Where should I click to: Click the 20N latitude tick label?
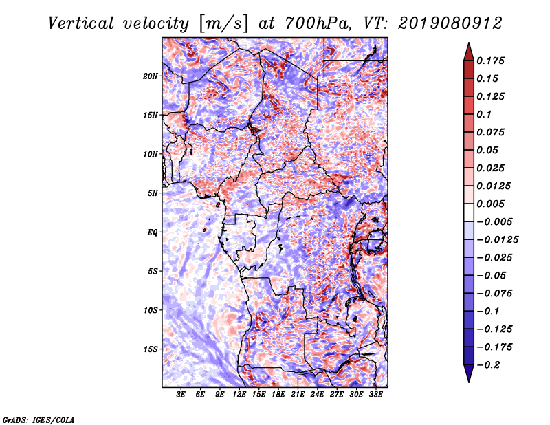tap(151, 76)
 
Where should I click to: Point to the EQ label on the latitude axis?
tap(152, 232)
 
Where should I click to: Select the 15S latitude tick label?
tap(151, 349)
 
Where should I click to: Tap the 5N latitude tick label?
tap(153, 193)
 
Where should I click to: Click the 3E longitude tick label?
tap(181, 395)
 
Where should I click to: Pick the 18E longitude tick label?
tap(278, 395)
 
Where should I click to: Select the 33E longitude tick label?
tap(375, 395)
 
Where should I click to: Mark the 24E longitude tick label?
tap(317, 395)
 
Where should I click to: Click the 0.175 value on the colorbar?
tap(490, 61)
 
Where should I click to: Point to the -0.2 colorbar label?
tap(489, 365)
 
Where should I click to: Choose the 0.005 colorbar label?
tap(490, 204)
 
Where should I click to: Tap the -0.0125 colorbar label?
tap(497, 240)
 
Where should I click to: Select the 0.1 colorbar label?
tap(484, 114)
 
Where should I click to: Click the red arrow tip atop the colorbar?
tap(469, 43)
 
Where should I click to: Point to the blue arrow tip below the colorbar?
tap(469, 382)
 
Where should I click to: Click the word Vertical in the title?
tap(81, 23)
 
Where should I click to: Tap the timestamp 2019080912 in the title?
tap(450, 23)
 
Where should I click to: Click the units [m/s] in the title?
tap(223, 24)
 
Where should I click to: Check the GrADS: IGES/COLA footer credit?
tap(38, 419)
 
